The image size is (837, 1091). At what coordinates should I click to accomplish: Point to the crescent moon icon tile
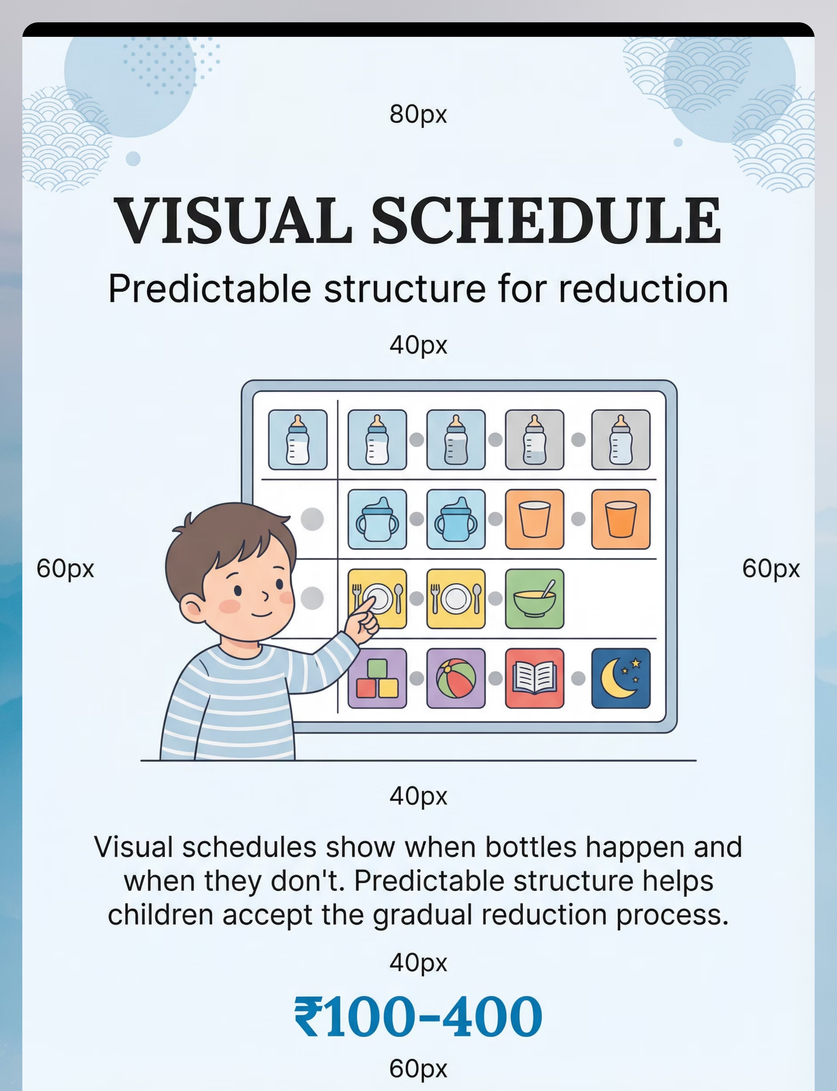pos(621,678)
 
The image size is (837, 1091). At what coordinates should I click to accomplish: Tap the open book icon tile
pos(535,678)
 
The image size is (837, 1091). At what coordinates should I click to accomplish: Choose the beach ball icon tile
pos(456,678)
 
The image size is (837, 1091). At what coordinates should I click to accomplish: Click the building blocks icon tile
pos(377,678)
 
